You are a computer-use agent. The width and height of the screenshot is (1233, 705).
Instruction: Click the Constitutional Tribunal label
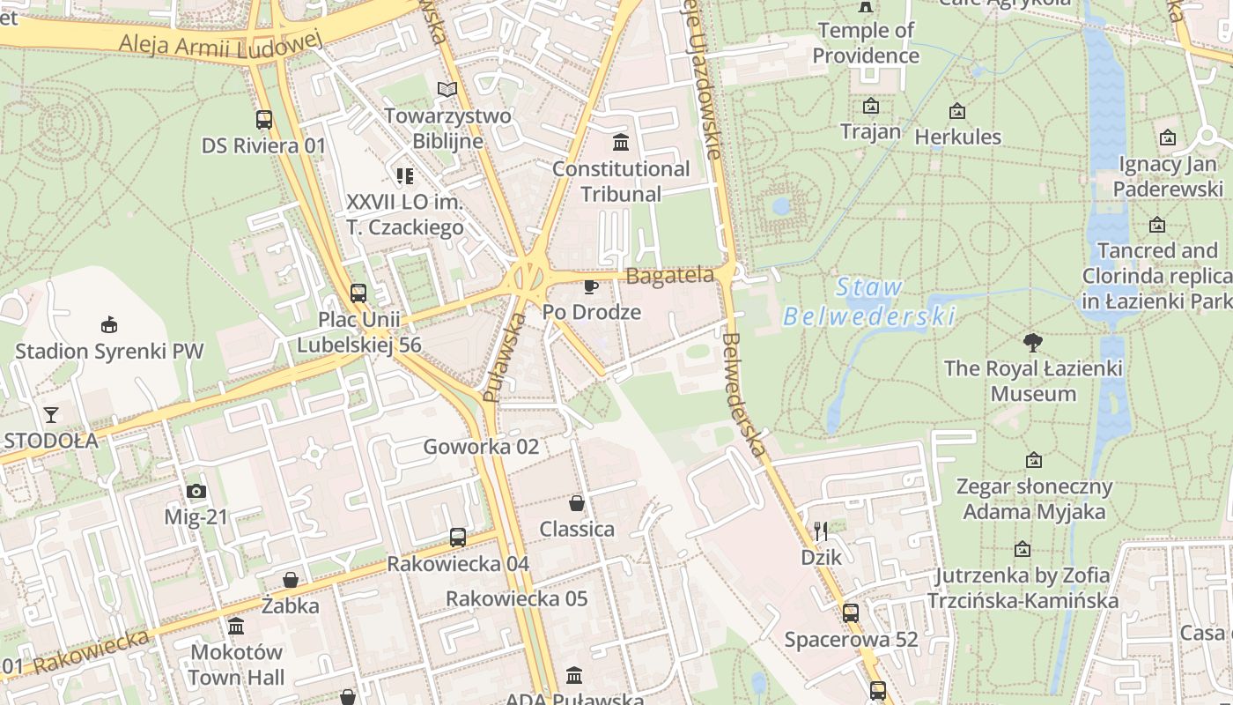(x=621, y=182)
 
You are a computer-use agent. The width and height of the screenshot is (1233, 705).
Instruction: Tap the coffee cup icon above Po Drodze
(x=591, y=286)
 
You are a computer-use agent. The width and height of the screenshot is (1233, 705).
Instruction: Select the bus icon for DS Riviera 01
(x=263, y=120)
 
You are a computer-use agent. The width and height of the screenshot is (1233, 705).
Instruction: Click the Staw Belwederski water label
(x=869, y=301)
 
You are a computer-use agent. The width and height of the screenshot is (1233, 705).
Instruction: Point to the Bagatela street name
(x=669, y=276)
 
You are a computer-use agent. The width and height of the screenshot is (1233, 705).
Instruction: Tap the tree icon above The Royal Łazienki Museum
(x=1033, y=343)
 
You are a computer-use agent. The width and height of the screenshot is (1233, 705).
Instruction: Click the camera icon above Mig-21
(x=196, y=492)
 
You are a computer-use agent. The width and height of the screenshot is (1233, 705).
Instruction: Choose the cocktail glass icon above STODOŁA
(x=51, y=414)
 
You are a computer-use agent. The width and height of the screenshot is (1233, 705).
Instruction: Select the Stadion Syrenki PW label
(x=109, y=351)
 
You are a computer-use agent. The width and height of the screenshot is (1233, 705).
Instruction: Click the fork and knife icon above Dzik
(x=821, y=531)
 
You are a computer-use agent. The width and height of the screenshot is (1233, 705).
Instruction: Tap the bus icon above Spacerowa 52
(x=851, y=613)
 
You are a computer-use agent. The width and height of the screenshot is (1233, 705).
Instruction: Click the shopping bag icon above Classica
(x=577, y=503)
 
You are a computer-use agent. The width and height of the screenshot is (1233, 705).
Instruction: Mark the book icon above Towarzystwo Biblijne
(x=447, y=90)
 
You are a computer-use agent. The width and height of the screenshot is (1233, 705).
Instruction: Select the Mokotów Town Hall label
(x=236, y=664)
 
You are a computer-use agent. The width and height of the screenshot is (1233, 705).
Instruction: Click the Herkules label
(x=957, y=137)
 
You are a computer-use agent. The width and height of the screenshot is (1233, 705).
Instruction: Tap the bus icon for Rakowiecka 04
(x=458, y=538)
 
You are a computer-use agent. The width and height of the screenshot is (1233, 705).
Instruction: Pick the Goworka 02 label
(x=481, y=446)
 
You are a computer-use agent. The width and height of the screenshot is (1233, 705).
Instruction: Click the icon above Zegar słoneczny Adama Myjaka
(x=1034, y=460)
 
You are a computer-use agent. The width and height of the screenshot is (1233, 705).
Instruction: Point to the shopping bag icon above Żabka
(x=291, y=580)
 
